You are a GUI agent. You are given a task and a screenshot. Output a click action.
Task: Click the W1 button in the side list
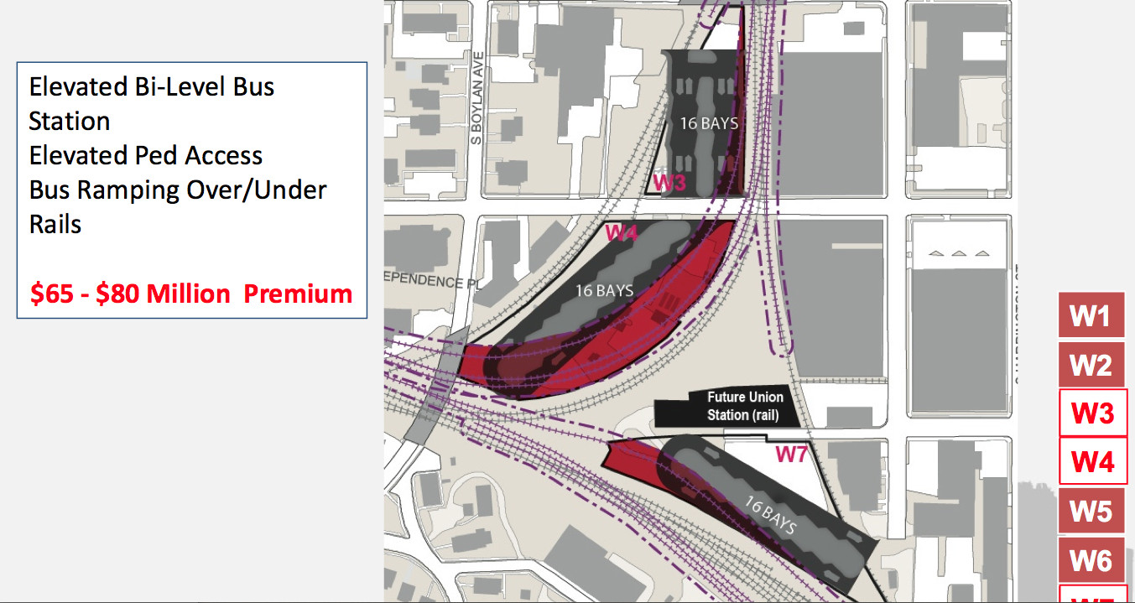click(x=1091, y=315)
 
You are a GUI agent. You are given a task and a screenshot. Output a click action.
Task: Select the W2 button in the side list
click(x=1091, y=365)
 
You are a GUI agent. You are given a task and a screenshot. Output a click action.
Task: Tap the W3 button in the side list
click(x=1091, y=413)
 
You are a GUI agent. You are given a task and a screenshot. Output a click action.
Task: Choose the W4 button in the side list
click(x=1091, y=462)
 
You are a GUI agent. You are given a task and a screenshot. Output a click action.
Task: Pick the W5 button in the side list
click(x=1091, y=511)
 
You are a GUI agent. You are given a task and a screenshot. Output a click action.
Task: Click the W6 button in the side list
click(x=1091, y=559)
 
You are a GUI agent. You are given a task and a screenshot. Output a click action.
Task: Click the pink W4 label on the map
click(x=622, y=232)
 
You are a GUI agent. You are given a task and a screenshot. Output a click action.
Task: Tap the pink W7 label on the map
click(x=791, y=455)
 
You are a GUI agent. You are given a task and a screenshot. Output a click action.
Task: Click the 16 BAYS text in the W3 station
click(x=709, y=123)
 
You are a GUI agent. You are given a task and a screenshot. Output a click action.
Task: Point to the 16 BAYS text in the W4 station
click(x=604, y=290)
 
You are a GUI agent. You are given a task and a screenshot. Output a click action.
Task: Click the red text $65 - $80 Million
click(x=130, y=294)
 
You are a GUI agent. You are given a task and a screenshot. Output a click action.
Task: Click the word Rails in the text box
click(x=55, y=224)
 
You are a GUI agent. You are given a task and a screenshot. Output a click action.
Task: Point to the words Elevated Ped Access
click(x=146, y=155)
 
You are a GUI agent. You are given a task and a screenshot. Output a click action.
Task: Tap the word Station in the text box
click(x=70, y=121)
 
